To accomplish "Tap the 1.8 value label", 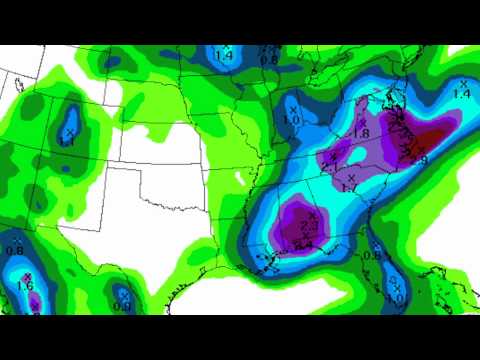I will pyautogui.click(x=362, y=133).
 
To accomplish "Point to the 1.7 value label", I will pyautogui.click(x=349, y=187).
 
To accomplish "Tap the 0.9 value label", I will pyautogui.click(x=122, y=306).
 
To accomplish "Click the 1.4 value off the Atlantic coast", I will pyautogui.click(x=461, y=93).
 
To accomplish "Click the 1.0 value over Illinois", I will pyautogui.click(x=291, y=120).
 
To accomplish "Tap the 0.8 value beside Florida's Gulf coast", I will pyautogui.click(x=370, y=256).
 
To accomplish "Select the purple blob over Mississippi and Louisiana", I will pyautogui.click(x=300, y=222).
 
